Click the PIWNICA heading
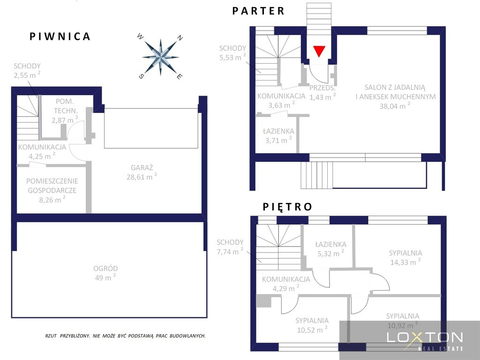[60, 37]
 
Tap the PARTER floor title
[259, 11]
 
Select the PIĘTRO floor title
[287, 207]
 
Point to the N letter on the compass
[180, 38]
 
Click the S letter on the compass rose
[141, 76]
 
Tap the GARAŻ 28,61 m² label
[142, 172]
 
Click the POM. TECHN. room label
[65, 106]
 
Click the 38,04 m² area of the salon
[395, 106]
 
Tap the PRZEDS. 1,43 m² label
[322, 92]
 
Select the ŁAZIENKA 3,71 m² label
[278, 136]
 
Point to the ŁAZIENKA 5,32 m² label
[330, 249]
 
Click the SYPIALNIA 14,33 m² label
[405, 258]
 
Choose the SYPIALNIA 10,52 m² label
[312, 325]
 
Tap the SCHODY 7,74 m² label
[230, 247]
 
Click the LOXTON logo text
[425, 337]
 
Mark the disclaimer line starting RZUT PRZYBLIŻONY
[125, 336]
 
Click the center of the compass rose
[160, 57]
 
